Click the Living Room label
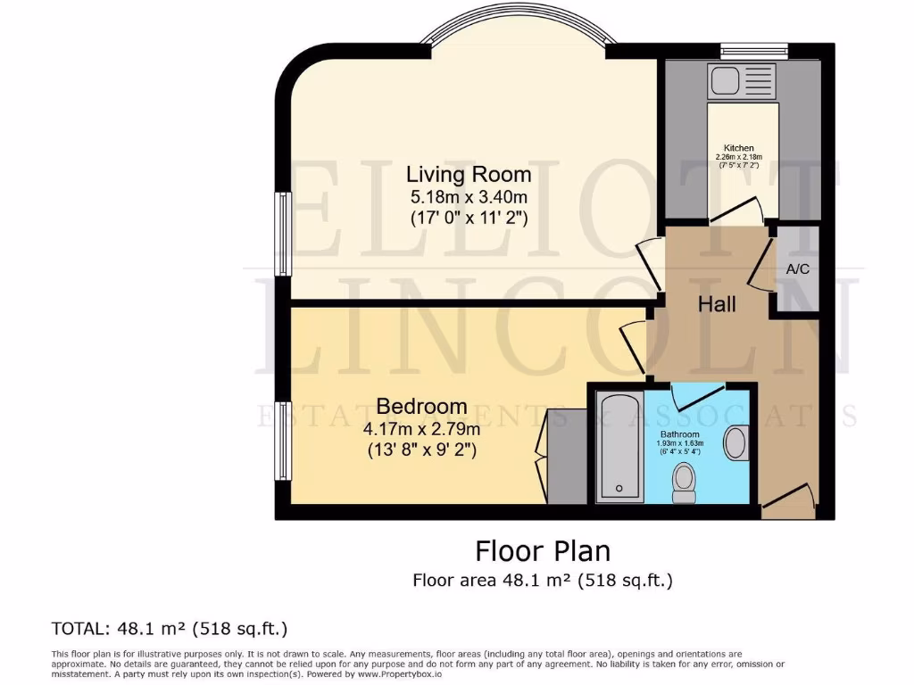point(469,174)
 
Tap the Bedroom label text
point(421,407)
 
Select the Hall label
point(717,304)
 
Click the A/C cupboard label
point(798,268)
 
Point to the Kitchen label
point(738,148)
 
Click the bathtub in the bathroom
point(618,447)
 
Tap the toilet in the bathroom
point(685,483)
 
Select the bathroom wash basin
point(736,443)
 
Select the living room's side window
point(282,233)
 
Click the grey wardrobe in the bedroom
point(566,457)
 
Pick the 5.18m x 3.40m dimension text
point(469,196)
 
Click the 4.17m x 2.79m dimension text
point(421,429)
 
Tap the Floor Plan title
point(542,550)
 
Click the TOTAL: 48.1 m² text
point(170,627)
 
